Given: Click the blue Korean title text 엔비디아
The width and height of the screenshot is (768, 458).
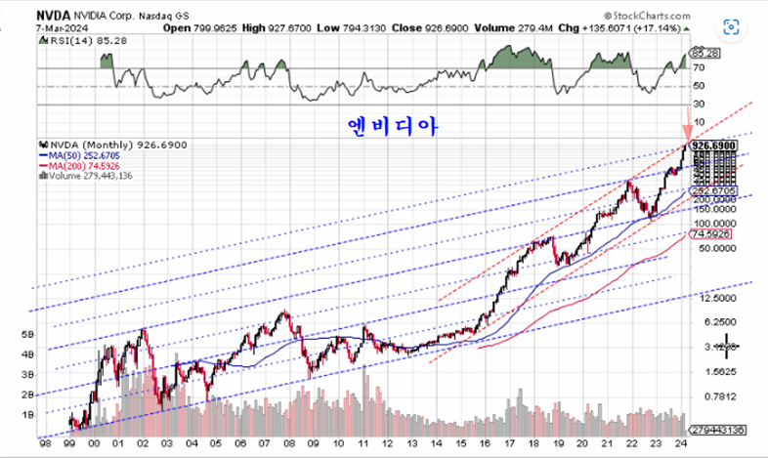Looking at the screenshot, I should [389, 127].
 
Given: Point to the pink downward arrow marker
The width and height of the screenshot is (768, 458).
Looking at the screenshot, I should [687, 131].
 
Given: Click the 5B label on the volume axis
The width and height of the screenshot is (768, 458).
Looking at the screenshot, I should [27, 334].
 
